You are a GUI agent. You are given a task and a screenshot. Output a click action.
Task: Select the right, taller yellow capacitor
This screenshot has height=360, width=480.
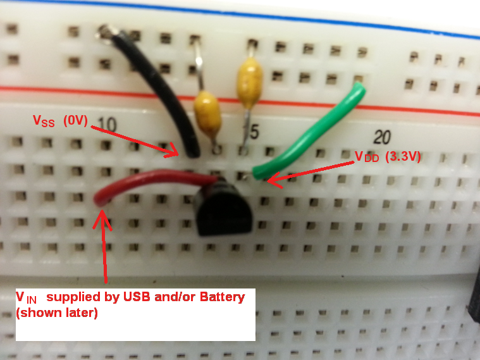[x=249, y=79]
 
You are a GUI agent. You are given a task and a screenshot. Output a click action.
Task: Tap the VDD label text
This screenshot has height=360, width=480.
[x=367, y=158]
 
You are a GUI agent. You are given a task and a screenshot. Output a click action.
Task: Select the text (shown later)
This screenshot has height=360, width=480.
[x=57, y=313]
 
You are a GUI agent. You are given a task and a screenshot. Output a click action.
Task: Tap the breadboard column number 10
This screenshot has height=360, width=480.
[x=108, y=125]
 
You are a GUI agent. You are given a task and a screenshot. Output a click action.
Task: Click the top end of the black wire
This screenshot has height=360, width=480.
[x=106, y=30]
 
